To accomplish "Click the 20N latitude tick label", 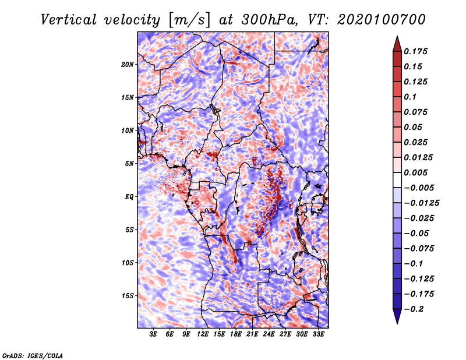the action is pyautogui.click(x=128, y=65).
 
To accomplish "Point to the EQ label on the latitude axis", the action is pyautogui.click(x=129, y=197).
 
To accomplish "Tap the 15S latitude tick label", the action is pyautogui.click(x=128, y=296).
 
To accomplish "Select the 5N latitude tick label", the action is pyautogui.click(x=129, y=164).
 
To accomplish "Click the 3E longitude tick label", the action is pyautogui.click(x=153, y=334).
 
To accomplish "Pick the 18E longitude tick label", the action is pyautogui.click(x=235, y=334).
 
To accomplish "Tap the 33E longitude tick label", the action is pyautogui.click(x=318, y=334).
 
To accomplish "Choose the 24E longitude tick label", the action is pyautogui.click(x=269, y=334).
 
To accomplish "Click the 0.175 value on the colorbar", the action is pyautogui.click(x=415, y=51).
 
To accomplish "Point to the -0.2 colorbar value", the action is pyautogui.click(x=414, y=309).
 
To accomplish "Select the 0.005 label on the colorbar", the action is pyautogui.click(x=415, y=172).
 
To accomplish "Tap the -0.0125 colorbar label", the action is pyautogui.click(x=421, y=203).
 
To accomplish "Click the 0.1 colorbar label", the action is pyautogui.click(x=410, y=97).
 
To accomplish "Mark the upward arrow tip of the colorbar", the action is pyautogui.click(x=397, y=36).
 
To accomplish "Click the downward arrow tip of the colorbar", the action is pyautogui.click(x=397, y=323).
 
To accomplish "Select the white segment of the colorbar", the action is pyautogui.click(x=397, y=180).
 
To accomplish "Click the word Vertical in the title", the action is pyautogui.click(x=69, y=20).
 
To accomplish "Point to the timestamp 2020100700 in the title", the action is pyautogui.click(x=382, y=20).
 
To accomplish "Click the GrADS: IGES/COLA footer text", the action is pyautogui.click(x=33, y=356).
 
